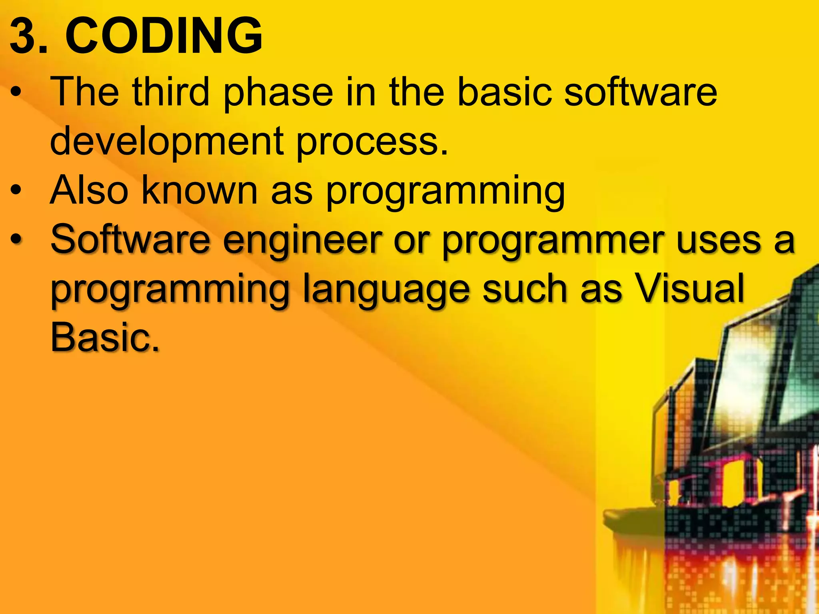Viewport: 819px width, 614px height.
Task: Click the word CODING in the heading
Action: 164,36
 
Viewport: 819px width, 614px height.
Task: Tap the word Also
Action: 89,191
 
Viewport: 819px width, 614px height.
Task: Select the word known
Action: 200,191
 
